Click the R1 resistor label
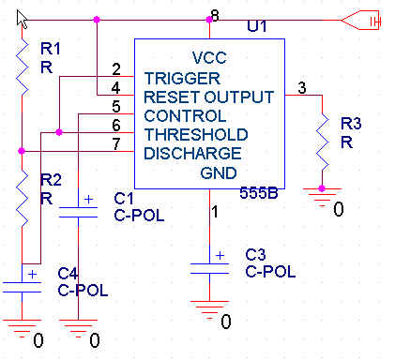(x=50, y=49)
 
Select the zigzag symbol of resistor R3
(x=322, y=142)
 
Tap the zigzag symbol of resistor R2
(x=22, y=198)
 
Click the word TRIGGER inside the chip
(x=182, y=78)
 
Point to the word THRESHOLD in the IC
(x=196, y=135)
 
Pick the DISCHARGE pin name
(x=192, y=154)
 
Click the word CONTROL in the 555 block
(x=185, y=116)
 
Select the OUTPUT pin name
(x=239, y=97)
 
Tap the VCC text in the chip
(x=209, y=58)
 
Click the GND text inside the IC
(x=219, y=173)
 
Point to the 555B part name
(x=259, y=193)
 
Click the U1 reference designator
(x=257, y=26)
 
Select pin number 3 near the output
(x=302, y=88)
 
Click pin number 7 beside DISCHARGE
(x=116, y=144)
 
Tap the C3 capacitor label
(x=255, y=255)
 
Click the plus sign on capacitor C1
(x=89, y=199)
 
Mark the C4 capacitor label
(x=68, y=274)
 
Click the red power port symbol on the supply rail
(x=360, y=21)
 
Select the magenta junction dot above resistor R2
(x=22, y=151)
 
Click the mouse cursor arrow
(x=22, y=20)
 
